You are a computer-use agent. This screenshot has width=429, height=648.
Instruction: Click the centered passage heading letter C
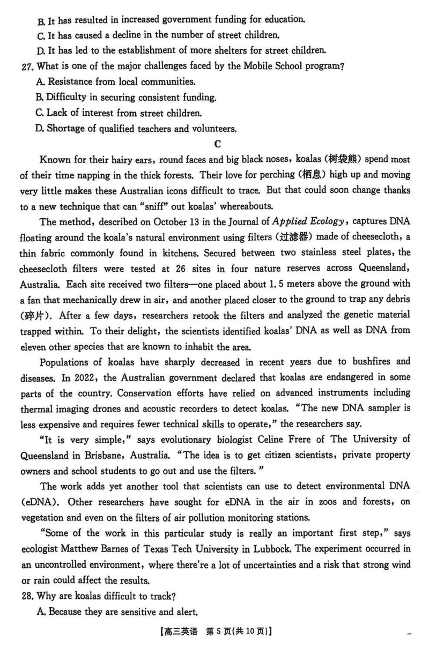[x=217, y=144]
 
